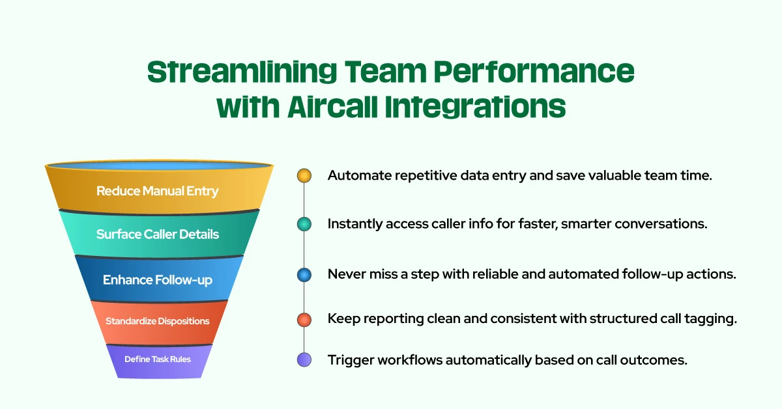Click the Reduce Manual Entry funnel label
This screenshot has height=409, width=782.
tap(157, 191)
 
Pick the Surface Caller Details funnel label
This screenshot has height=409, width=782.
tap(157, 234)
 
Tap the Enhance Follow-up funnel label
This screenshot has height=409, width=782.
tap(157, 280)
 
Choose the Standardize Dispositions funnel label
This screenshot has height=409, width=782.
tap(157, 321)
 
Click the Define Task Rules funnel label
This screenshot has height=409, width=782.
tap(157, 359)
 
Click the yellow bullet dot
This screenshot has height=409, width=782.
tap(304, 175)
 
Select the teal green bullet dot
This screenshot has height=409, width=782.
tap(304, 224)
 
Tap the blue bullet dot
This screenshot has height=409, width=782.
tap(304, 275)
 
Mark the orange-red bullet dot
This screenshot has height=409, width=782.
tap(304, 320)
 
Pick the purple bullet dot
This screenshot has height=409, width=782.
tap(304, 360)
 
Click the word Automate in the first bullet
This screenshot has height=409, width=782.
tap(355, 175)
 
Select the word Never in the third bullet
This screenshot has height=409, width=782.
tap(343, 275)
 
